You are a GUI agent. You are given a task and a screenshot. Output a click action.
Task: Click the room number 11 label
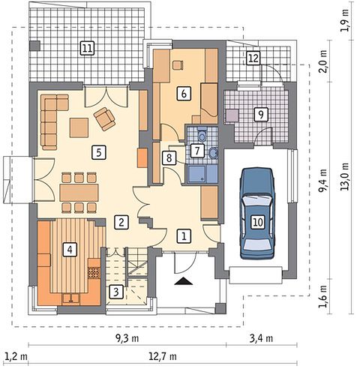tap(87, 48)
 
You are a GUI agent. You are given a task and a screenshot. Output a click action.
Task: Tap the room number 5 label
tap(99, 152)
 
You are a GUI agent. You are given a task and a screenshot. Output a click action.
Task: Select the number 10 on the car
tap(258, 222)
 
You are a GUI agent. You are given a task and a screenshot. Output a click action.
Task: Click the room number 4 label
tap(70, 249)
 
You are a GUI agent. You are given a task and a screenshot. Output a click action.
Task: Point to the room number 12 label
tap(253, 58)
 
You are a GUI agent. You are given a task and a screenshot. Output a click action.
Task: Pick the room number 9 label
tap(261, 115)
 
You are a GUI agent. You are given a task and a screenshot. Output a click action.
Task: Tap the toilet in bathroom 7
tap(202, 134)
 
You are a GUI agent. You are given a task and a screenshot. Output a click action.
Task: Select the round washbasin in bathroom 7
tap(213, 152)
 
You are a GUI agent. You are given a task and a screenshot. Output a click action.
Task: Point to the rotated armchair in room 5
tap(104, 119)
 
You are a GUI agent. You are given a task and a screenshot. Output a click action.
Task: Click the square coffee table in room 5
tap(79, 127)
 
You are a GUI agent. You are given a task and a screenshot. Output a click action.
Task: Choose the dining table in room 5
tap(79, 193)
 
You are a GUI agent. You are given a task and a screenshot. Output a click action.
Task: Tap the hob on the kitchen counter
tap(94, 273)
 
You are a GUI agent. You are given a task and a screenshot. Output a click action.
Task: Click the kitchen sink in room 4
tap(71, 298)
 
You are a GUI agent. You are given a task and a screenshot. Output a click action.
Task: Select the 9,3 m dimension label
tap(127, 338)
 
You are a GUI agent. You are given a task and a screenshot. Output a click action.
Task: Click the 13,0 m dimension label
tap(346, 177)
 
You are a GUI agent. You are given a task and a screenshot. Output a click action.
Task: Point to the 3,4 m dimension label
tap(261, 338)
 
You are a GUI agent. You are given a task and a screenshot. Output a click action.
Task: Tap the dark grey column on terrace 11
tap(34, 46)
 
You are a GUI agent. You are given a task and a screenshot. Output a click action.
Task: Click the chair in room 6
tap(178, 64)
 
